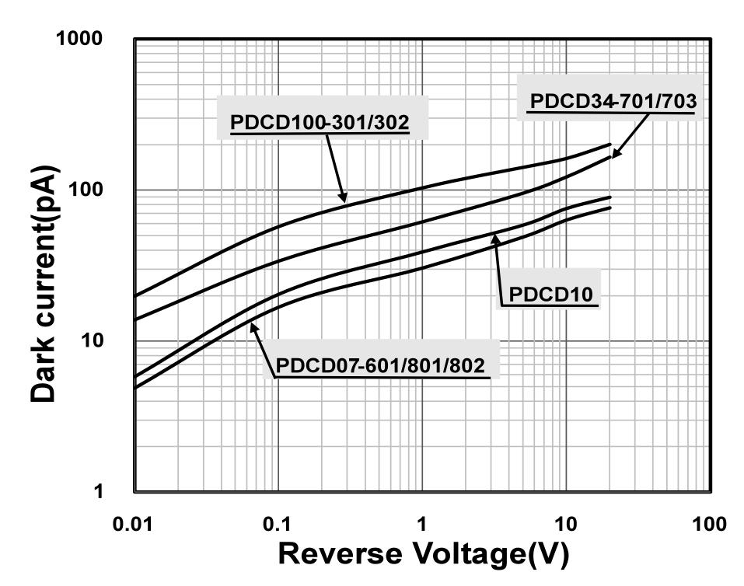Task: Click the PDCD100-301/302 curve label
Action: click(x=320, y=123)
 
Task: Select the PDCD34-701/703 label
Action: click(x=611, y=101)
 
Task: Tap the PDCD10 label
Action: click(x=551, y=294)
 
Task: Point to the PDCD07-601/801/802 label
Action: click(x=381, y=364)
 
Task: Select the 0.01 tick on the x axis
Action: click(x=134, y=523)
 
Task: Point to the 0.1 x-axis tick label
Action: click(x=278, y=523)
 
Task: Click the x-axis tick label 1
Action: click(x=422, y=523)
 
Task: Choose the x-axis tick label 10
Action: click(x=565, y=523)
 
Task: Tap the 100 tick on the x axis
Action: click(x=709, y=523)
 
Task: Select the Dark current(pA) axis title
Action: click(x=44, y=284)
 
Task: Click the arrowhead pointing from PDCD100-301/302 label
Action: click(x=344, y=200)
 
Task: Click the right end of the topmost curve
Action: click(x=610, y=144)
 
